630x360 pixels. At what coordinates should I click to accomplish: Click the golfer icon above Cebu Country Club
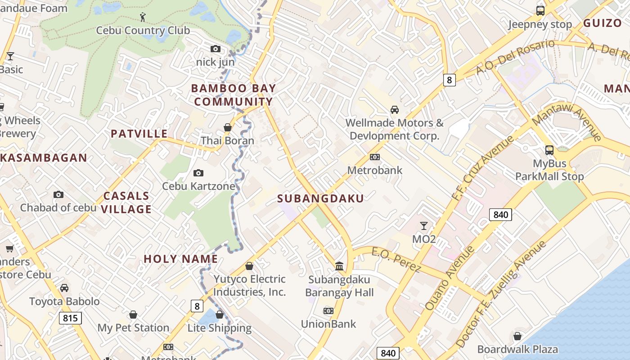pos(143,17)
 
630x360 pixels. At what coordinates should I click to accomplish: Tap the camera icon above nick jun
pos(216,49)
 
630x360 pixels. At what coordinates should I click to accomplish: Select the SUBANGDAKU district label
pos(320,198)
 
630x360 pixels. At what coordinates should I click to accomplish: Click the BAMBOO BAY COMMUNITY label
pos(234,95)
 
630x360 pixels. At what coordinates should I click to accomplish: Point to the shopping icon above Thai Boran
pos(228,127)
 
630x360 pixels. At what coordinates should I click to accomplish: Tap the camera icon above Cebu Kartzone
pos(198,173)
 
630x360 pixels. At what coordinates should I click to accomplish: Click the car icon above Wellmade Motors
pos(394,109)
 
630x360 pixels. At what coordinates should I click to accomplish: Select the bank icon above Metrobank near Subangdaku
pos(374,157)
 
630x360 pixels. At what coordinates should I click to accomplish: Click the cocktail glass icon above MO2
pos(423,225)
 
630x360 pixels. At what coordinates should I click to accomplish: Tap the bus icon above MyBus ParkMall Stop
pos(549,150)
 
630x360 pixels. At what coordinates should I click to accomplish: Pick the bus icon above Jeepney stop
pos(540,10)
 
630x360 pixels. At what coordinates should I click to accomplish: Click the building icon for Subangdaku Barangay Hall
pos(339,266)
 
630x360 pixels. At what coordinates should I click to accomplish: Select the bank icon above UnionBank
pos(328,310)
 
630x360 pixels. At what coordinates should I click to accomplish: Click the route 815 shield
pos(70,319)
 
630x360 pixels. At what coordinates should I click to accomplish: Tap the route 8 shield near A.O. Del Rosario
pos(449,80)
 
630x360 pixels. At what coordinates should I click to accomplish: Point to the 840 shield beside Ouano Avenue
pos(500,215)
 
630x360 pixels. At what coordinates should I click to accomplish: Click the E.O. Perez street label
pos(396,260)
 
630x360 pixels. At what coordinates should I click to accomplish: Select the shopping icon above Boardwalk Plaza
pos(517,336)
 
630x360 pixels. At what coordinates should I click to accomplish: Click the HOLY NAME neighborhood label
pos(181,259)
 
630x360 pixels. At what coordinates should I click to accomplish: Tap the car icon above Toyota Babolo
pos(64,288)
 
